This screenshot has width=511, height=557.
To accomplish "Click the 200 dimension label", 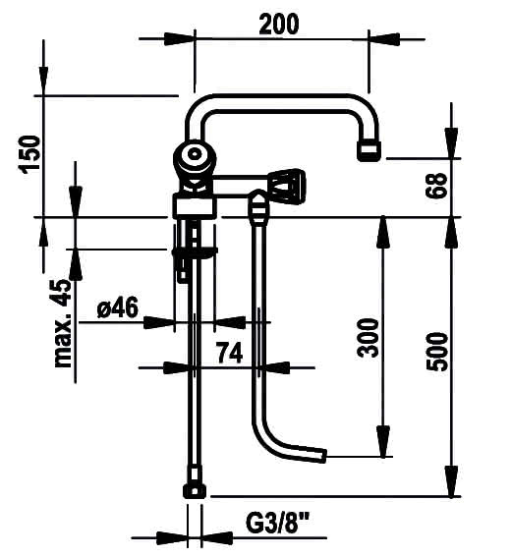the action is tap(279, 25).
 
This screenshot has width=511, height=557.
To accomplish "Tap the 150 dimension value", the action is tap(29, 154).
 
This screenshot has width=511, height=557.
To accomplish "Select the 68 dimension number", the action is tap(436, 185).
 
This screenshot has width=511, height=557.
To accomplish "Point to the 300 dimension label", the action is tap(368, 338).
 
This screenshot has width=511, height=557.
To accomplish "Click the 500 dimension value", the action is tap(437, 352).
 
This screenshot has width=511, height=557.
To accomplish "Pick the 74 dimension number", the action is tap(230, 353).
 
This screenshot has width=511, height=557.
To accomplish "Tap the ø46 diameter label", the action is tap(117, 307).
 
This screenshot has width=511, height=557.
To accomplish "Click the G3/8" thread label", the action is tap(277, 523).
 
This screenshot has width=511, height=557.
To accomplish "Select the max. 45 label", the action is tap(62, 323).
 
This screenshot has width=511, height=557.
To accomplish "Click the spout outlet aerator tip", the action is tap(369, 150).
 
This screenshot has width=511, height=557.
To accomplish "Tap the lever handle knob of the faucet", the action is tap(287, 187).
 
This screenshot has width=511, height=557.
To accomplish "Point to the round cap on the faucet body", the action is tap(194, 154).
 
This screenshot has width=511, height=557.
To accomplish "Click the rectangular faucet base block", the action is tap(195, 205).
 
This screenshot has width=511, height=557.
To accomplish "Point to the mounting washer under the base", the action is tap(195, 252).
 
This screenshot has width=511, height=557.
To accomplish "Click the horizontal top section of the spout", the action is tap(280, 103).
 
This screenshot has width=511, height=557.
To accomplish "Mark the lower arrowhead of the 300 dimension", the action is tap(382, 441).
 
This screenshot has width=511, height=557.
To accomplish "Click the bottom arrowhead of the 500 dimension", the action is tap(451, 480).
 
